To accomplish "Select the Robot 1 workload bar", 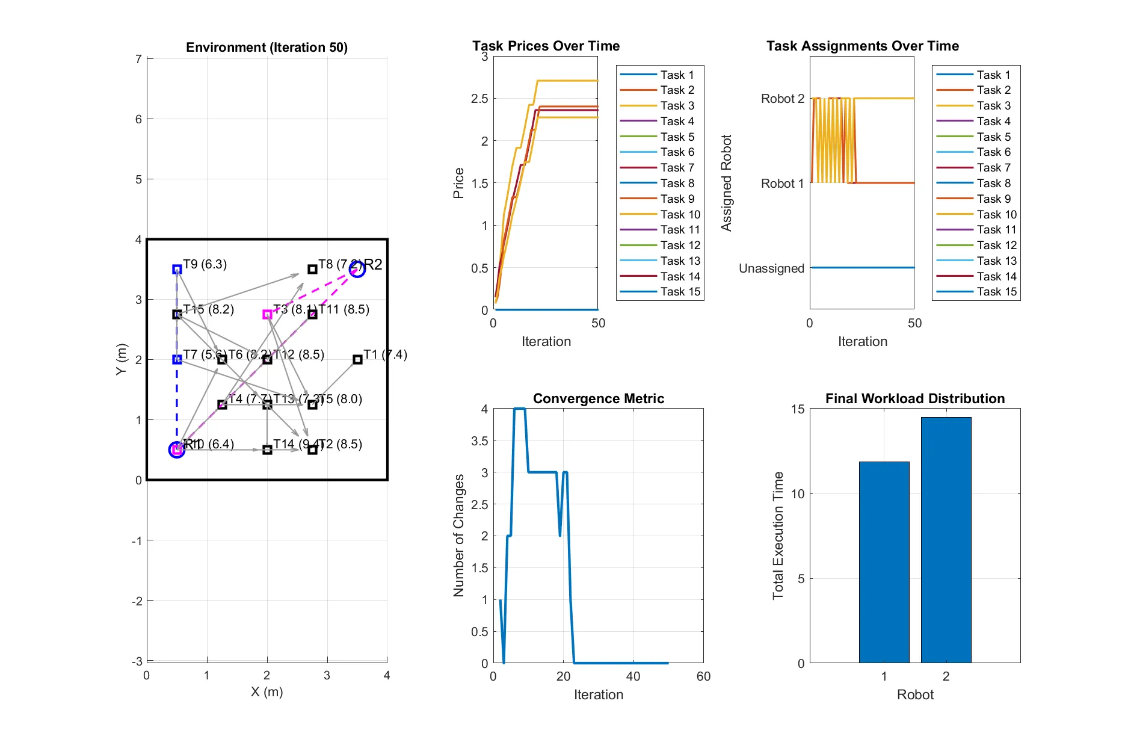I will tap(884, 562).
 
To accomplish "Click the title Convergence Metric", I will tap(598, 398).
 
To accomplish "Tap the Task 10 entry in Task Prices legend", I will tap(680, 214).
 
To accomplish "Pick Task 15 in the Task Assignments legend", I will tap(996, 292).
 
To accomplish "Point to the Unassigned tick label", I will tap(771, 268).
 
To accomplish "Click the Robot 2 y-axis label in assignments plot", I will tap(782, 99).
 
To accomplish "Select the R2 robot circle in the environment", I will tap(357, 269).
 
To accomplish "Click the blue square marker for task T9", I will tap(177, 269).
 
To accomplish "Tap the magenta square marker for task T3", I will tap(267, 314).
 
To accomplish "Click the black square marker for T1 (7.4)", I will tap(357, 359).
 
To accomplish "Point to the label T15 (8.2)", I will tap(208, 309).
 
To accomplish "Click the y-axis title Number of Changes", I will tap(459, 536).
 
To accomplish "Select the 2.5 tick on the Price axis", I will tap(479, 99).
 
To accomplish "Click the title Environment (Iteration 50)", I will tap(267, 48).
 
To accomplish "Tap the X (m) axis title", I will tap(267, 691).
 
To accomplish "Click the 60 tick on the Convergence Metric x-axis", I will tap(703, 676).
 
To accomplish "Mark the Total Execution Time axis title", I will tap(778, 536).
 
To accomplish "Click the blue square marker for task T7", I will tap(177, 359).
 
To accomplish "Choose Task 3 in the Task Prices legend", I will tap(677, 105).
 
